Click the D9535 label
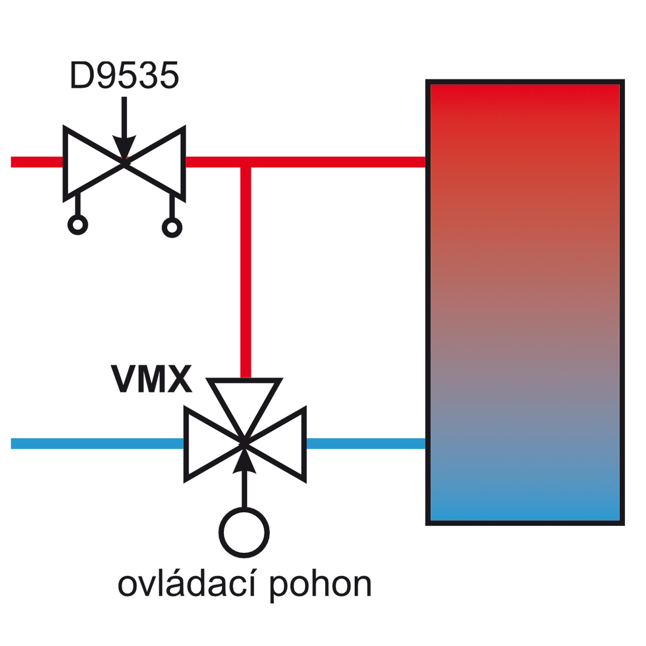tap(124, 75)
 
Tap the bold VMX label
tap(151, 379)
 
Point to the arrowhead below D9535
tap(124, 146)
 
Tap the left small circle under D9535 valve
tap(78, 225)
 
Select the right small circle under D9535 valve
tap(172, 228)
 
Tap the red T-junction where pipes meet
tap(245, 162)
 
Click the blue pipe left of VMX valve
tap(97, 444)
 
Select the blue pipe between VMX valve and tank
tap(366, 444)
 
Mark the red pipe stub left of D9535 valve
tap(37, 162)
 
